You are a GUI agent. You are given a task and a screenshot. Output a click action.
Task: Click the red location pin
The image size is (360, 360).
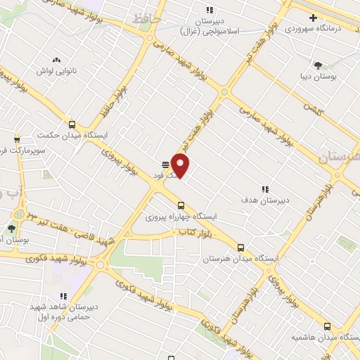(x=181, y=165)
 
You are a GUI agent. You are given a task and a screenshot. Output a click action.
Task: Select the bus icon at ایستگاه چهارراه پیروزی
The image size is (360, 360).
(x=181, y=205)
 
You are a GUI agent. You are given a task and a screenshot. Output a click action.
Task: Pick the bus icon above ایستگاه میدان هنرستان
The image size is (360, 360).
(x=241, y=247)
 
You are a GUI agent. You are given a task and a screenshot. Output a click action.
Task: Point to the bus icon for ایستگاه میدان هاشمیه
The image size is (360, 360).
(x=327, y=326)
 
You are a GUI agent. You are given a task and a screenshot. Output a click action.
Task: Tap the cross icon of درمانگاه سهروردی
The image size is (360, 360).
(x=314, y=17)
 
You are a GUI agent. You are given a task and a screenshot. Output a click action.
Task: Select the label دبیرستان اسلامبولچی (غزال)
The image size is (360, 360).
(x=210, y=27)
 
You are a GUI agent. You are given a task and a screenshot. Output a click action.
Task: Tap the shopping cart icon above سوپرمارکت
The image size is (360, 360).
(x=16, y=139)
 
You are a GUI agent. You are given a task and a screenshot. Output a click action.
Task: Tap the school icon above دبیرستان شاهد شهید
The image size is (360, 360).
(x=63, y=296)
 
